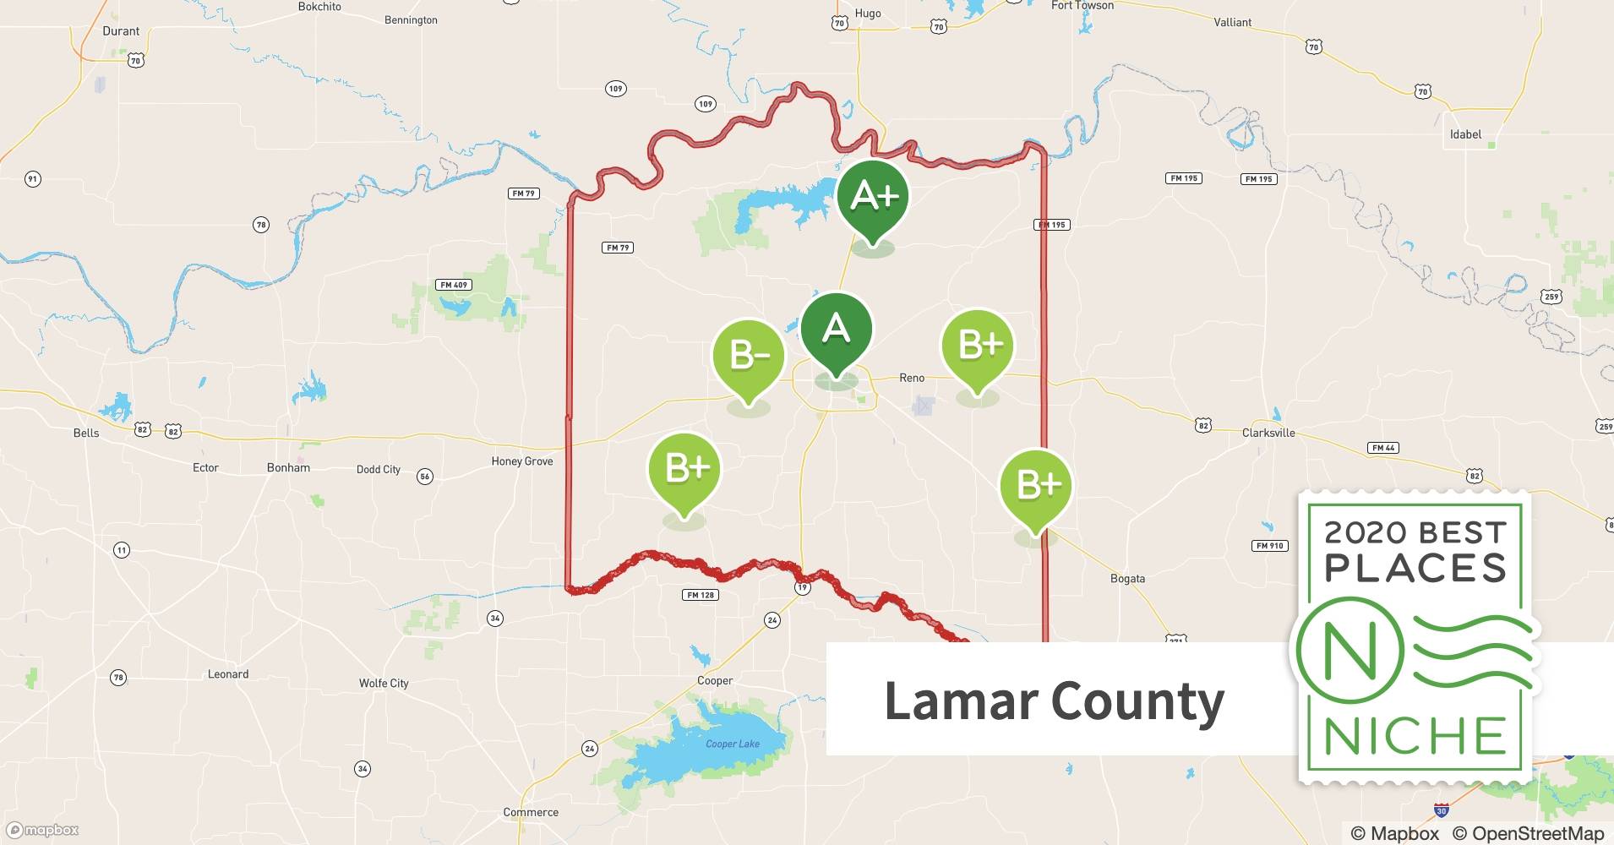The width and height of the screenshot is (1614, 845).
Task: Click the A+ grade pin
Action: [873, 196]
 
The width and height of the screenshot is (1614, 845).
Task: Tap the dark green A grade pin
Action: [836, 329]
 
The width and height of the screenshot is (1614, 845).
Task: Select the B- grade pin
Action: [749, 355]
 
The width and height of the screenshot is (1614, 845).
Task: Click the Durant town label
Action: [121, 31]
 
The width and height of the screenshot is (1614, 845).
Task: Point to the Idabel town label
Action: [1465, 134]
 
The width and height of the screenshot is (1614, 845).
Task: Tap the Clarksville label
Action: [1268, 433]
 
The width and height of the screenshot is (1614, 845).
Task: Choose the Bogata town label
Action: [1127, 579]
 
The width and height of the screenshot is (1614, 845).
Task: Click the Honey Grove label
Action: [522, 461]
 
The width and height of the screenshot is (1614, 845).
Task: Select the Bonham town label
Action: [288, 467]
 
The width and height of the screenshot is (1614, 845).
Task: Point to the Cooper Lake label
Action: [733, 744]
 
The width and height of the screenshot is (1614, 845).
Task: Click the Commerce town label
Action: [531, 812]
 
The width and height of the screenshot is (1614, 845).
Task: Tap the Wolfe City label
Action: [384, 683]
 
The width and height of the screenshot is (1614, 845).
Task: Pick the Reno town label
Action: [912, 378]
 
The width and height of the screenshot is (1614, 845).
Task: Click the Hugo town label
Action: [868, 14]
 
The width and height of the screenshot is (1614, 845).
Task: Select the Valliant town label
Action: [1232, 22]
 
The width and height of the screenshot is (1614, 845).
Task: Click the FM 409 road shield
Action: [454, 285]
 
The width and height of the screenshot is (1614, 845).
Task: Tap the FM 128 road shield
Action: [701, 595]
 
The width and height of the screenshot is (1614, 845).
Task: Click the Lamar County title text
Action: [1054, 701]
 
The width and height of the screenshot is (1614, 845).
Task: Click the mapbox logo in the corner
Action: [43, 830]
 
